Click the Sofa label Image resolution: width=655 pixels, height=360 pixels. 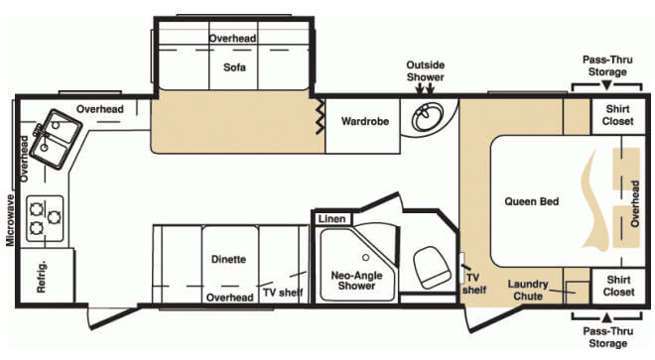(234, 67)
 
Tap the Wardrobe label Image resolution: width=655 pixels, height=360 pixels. (365, 122)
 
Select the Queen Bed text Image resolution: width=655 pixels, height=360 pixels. (531, 201)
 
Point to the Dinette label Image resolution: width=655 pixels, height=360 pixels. (228, 259)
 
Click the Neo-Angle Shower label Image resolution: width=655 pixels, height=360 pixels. (356, 281)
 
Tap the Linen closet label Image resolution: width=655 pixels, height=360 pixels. (332, 219)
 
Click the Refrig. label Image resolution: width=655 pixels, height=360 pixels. (42, 278)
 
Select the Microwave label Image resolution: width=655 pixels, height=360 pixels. (10, 220)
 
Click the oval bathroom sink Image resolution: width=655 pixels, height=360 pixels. (428, 116)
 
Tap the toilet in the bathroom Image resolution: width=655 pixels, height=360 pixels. (432, 268)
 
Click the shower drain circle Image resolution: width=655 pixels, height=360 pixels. (365, 258)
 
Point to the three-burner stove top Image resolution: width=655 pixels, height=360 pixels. (45, 218)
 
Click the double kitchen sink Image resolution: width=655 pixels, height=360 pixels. (57, 139)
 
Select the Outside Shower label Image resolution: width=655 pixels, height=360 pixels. (426, 71)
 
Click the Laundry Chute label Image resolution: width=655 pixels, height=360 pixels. (528, 290)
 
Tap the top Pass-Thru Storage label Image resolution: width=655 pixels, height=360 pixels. (607, 65)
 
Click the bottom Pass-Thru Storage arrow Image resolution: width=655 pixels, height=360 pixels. (607, 317)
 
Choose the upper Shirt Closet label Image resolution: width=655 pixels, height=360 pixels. (618, 115)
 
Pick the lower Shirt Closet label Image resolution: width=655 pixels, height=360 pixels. (618, 286)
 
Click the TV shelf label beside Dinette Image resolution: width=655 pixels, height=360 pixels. (283, 293)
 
